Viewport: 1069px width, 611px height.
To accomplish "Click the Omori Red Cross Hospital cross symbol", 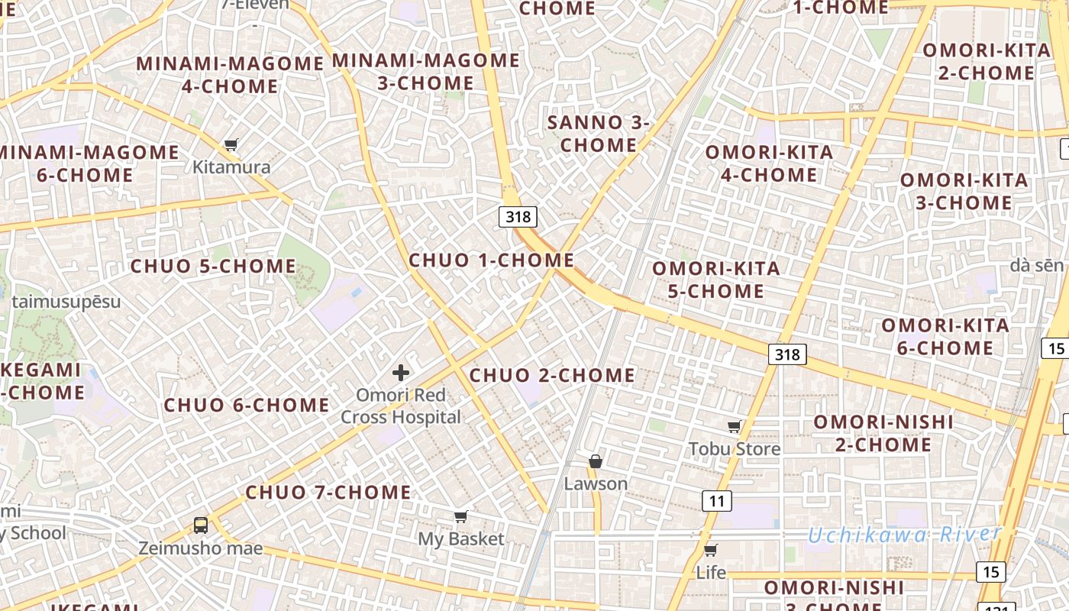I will (401, 373).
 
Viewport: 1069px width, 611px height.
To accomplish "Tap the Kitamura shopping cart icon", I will (231, 144).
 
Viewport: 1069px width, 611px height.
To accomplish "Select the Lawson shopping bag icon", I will (596, 461).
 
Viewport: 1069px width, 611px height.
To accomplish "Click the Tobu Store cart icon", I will (735, 426).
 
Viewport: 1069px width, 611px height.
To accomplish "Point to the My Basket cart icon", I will (460, 517).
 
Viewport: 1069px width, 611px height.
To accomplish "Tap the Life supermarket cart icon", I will (711, 550).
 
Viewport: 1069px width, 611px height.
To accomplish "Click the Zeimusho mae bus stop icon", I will (201, 525).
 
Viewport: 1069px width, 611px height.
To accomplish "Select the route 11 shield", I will (716, 501).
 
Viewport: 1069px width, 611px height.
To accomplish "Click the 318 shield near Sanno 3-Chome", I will (518, 217).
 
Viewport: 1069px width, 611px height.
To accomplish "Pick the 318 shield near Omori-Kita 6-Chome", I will (786, 354).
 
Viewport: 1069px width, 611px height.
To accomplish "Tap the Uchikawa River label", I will (904, 535).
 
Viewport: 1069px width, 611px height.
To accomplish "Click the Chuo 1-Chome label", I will (491, 260).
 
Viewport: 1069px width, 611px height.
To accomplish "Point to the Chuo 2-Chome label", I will (551, 375).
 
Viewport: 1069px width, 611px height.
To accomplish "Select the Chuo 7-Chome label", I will (328, 493).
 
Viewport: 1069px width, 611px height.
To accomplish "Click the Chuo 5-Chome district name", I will (213, 267).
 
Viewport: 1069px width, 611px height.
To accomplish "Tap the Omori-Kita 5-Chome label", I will (715, 280).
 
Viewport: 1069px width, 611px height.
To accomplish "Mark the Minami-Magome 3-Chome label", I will (425, 71).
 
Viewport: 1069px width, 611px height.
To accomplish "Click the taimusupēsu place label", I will (66, 301).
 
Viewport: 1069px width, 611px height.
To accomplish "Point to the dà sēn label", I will (1036, 265).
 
